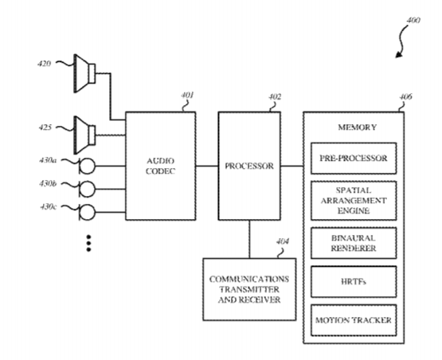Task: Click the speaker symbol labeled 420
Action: click(84, 73)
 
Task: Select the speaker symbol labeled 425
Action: click(84, 135)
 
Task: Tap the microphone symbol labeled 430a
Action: click(87, 166)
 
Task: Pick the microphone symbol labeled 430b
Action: click(87, 189)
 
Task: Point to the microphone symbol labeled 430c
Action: click(87, 212)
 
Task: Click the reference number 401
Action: click(187, 96)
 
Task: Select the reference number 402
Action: click(275, 97)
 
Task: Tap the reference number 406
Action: click(405, 96)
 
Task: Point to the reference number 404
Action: click(283, 241)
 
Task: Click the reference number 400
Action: click(413, 20)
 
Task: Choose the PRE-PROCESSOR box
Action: click(354, 158)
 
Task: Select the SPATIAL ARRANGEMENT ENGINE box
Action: click(354, 201)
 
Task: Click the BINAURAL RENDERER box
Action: click(354, 243)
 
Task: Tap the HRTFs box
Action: click(354, 282)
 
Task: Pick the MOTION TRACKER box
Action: click(354, 320)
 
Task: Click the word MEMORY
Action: click(357, 127)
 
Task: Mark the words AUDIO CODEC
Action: click(160, 166)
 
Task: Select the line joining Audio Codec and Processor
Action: click(207, 166)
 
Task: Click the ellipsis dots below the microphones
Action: click(88, 243)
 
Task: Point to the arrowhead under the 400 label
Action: click(398, 55)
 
